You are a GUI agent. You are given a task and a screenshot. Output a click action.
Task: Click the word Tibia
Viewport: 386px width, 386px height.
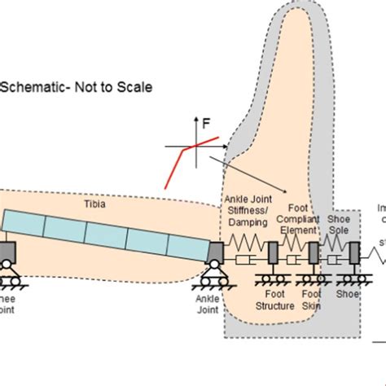coord(111,204)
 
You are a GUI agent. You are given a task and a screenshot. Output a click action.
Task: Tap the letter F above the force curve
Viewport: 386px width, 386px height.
coord(206,125)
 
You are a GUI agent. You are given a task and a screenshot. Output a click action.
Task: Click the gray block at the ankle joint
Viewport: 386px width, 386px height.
coord(217,253)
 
